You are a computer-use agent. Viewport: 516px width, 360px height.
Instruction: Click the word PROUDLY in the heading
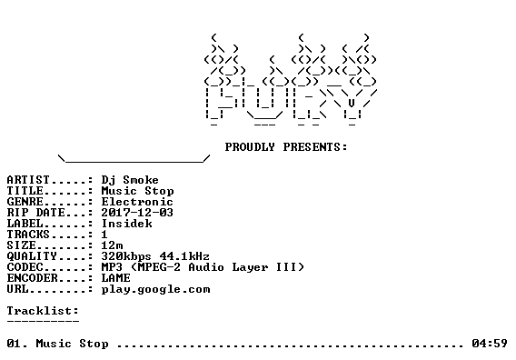[250, 147]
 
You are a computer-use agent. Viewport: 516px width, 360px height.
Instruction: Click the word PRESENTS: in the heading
[315, 147]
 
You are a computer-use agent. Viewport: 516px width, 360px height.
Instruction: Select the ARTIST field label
[28, 180]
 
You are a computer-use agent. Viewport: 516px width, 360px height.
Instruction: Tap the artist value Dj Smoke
[130, 180]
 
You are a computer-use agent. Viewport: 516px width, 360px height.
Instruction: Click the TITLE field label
[25, 191]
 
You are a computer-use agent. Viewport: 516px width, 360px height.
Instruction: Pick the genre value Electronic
[137, 202]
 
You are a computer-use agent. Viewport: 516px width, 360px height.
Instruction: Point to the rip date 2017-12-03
[137, 213]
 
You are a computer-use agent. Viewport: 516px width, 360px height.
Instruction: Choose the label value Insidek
[126, 224]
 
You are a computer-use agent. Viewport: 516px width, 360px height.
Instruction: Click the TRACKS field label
[28, 235]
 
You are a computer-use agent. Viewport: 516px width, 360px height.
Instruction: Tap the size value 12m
[113, 245]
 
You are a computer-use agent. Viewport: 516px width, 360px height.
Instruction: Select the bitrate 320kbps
[126, 256]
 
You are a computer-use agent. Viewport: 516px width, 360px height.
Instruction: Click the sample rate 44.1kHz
[184, 256]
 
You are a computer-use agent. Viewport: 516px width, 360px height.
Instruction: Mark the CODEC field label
[25, 266]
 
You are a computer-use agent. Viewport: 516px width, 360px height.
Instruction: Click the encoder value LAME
[116, 277]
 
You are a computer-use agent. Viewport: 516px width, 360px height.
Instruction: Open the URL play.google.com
[155, 289]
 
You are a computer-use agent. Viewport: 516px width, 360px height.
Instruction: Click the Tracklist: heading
[43, 311]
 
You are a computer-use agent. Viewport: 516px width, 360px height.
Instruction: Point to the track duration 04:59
[490, 344]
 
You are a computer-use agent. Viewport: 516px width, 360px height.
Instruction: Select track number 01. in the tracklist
[17, 344]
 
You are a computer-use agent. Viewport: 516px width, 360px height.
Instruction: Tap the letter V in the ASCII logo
[352, 103]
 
